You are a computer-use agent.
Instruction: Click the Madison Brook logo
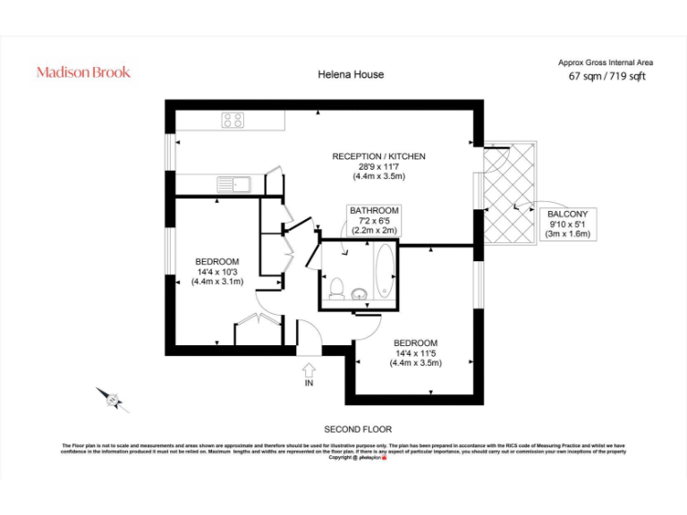point(83,72)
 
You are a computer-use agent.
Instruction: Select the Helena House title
point(351,74)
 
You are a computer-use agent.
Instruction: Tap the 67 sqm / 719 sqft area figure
point(606,76)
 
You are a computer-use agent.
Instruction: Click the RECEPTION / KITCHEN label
point(378,156)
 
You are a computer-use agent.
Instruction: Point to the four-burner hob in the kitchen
point(234,120)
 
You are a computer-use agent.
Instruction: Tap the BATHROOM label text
point(374,210)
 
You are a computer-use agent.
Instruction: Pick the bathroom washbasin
point(360,293)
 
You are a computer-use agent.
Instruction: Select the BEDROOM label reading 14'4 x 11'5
point(415,352)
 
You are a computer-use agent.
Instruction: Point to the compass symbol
point(112,399)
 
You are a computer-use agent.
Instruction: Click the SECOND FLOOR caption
point(358,429)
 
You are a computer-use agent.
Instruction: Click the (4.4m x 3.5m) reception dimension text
point(378,176)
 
